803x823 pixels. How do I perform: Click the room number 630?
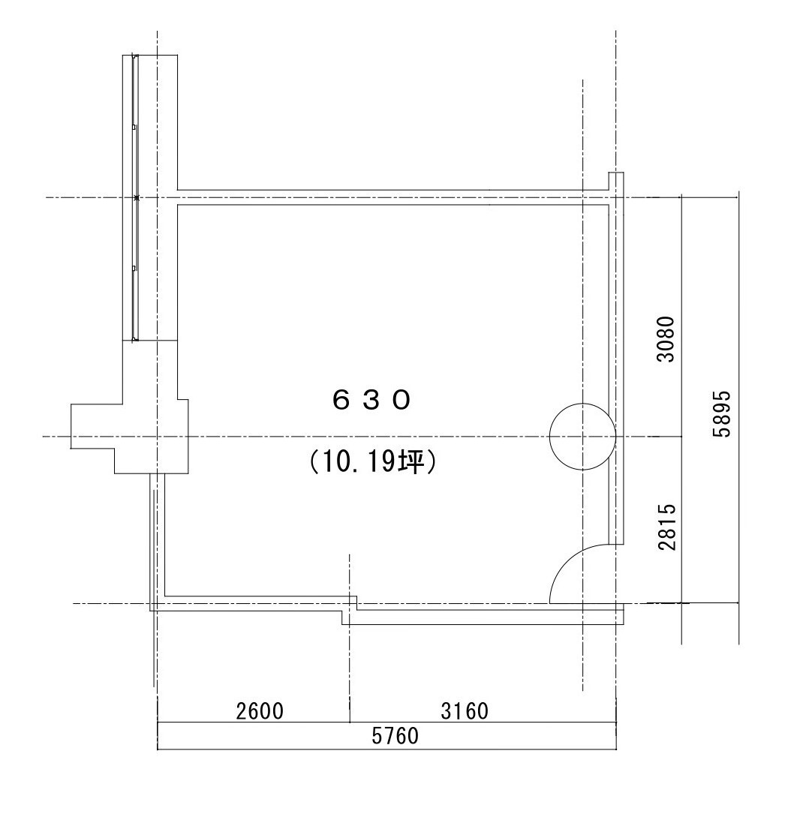[371, 401]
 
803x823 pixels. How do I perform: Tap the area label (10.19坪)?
[373, 462]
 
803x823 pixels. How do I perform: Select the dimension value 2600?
[260, 711]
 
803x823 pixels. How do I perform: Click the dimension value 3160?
[465, 711]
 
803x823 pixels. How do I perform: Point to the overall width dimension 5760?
[395, 736]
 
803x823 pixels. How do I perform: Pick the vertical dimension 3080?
[666, 339]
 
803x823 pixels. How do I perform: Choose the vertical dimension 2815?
[666, 527]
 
